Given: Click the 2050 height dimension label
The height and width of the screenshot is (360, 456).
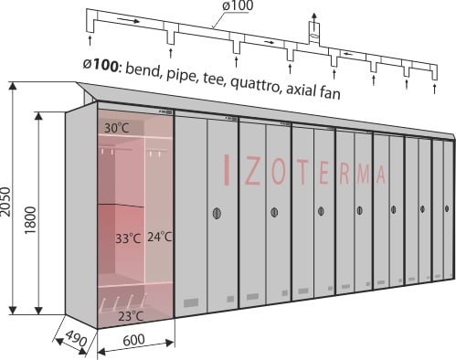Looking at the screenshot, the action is coord(5,202).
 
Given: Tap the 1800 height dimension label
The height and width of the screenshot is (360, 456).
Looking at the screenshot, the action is coord(31,220).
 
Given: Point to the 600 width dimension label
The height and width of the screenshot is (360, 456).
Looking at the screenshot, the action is coord(134,339).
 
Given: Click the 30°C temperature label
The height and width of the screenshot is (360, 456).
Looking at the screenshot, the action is coord(117,128).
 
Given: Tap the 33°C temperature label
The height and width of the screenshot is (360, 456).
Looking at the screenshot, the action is coord(128,238).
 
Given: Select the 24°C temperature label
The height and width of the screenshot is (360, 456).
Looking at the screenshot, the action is coord(160,237).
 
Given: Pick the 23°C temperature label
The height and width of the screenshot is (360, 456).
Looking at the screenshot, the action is coord(131,317).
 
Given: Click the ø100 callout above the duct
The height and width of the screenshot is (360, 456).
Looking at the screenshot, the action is coord(238,5).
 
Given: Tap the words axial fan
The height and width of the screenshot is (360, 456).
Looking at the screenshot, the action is coord(313,90).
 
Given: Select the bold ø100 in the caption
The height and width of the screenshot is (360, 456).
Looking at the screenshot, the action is coord(101,65).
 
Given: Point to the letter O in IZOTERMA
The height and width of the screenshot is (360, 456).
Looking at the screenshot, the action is coord(278,174).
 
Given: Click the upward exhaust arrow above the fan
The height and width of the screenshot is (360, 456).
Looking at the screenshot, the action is coord(313,17).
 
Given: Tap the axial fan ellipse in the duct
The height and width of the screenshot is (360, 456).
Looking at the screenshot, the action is coord(314,37).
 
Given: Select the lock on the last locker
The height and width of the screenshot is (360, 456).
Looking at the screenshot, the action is coord(447,208).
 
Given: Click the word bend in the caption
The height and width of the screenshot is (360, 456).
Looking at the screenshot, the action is coord(143,69).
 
